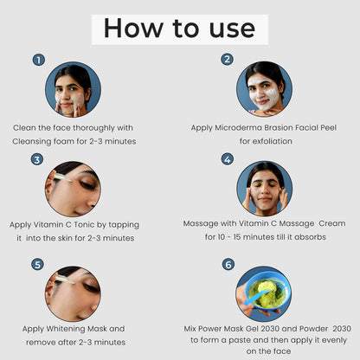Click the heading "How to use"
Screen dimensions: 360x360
(x=179, y=29)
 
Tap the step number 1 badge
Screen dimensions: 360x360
(x=38, y=60)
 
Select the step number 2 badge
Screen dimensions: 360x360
(x=227, y=60)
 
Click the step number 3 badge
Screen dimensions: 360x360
(x=37, y=159)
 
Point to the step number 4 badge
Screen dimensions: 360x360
(x=227, y=159)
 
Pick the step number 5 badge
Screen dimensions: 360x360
(x=37, y=264)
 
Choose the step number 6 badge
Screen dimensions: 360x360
(x=228, y=264)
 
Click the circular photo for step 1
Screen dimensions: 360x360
(x=74, y=89)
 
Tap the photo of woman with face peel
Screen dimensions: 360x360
(x=264, y=89)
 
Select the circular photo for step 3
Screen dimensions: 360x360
(x=74, y=189)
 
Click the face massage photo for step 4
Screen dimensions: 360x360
(x=264, y=189)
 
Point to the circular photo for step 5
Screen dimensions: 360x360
(x=74, y=293)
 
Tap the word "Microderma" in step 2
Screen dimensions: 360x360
(x=232, y=126)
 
